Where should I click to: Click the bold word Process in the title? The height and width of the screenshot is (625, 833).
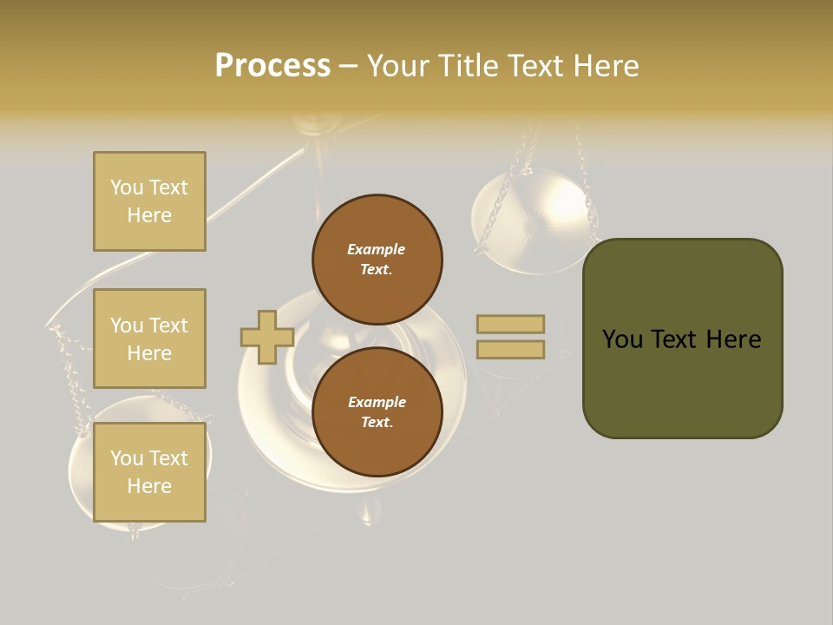pyautogui.click(x=272, y=66)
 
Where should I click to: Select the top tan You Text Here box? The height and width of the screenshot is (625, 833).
pyautogui.click(x=149, y=201)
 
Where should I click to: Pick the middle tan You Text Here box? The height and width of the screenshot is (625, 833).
pyautogui.click(x=149, y=339)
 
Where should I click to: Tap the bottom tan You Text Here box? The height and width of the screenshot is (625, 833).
pyautogui.click(x=149, y=472)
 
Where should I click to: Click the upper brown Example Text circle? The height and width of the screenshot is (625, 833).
pyautogui.click(x=377, y=259)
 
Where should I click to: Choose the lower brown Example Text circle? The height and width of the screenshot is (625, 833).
pyautogui.click(x=377, y=411)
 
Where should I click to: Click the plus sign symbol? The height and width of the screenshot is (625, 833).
pyautogui.click(x=266, y=337)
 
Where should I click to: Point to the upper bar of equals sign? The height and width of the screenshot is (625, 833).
pyautogui.click(x=510, y=325)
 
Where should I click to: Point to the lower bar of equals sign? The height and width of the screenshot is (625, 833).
pyautogui.click(x=510, y=349)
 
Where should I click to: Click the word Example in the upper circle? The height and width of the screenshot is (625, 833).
pyautogui.click(x=377, y=249)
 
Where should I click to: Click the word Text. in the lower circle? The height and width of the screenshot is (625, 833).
pyautogui.click(x=377, y=423)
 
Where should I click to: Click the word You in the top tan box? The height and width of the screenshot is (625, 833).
pyautogui.click(x=127, y=187)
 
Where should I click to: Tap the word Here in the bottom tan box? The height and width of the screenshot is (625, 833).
pyautogui.click(x=149, y=486)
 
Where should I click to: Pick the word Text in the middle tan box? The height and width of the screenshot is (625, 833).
pyautogui.click(x=167, y=326)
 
